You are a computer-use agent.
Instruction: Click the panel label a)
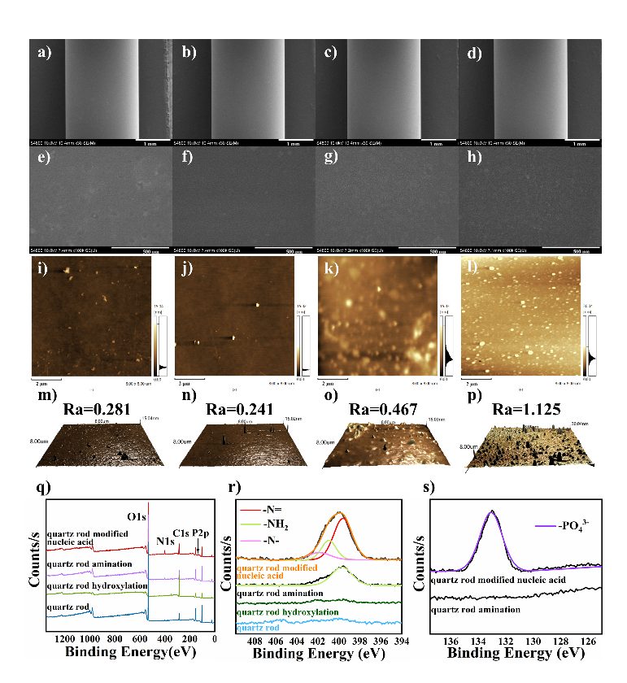[44, 54]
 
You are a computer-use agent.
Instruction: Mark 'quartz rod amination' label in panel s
[477, 609]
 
